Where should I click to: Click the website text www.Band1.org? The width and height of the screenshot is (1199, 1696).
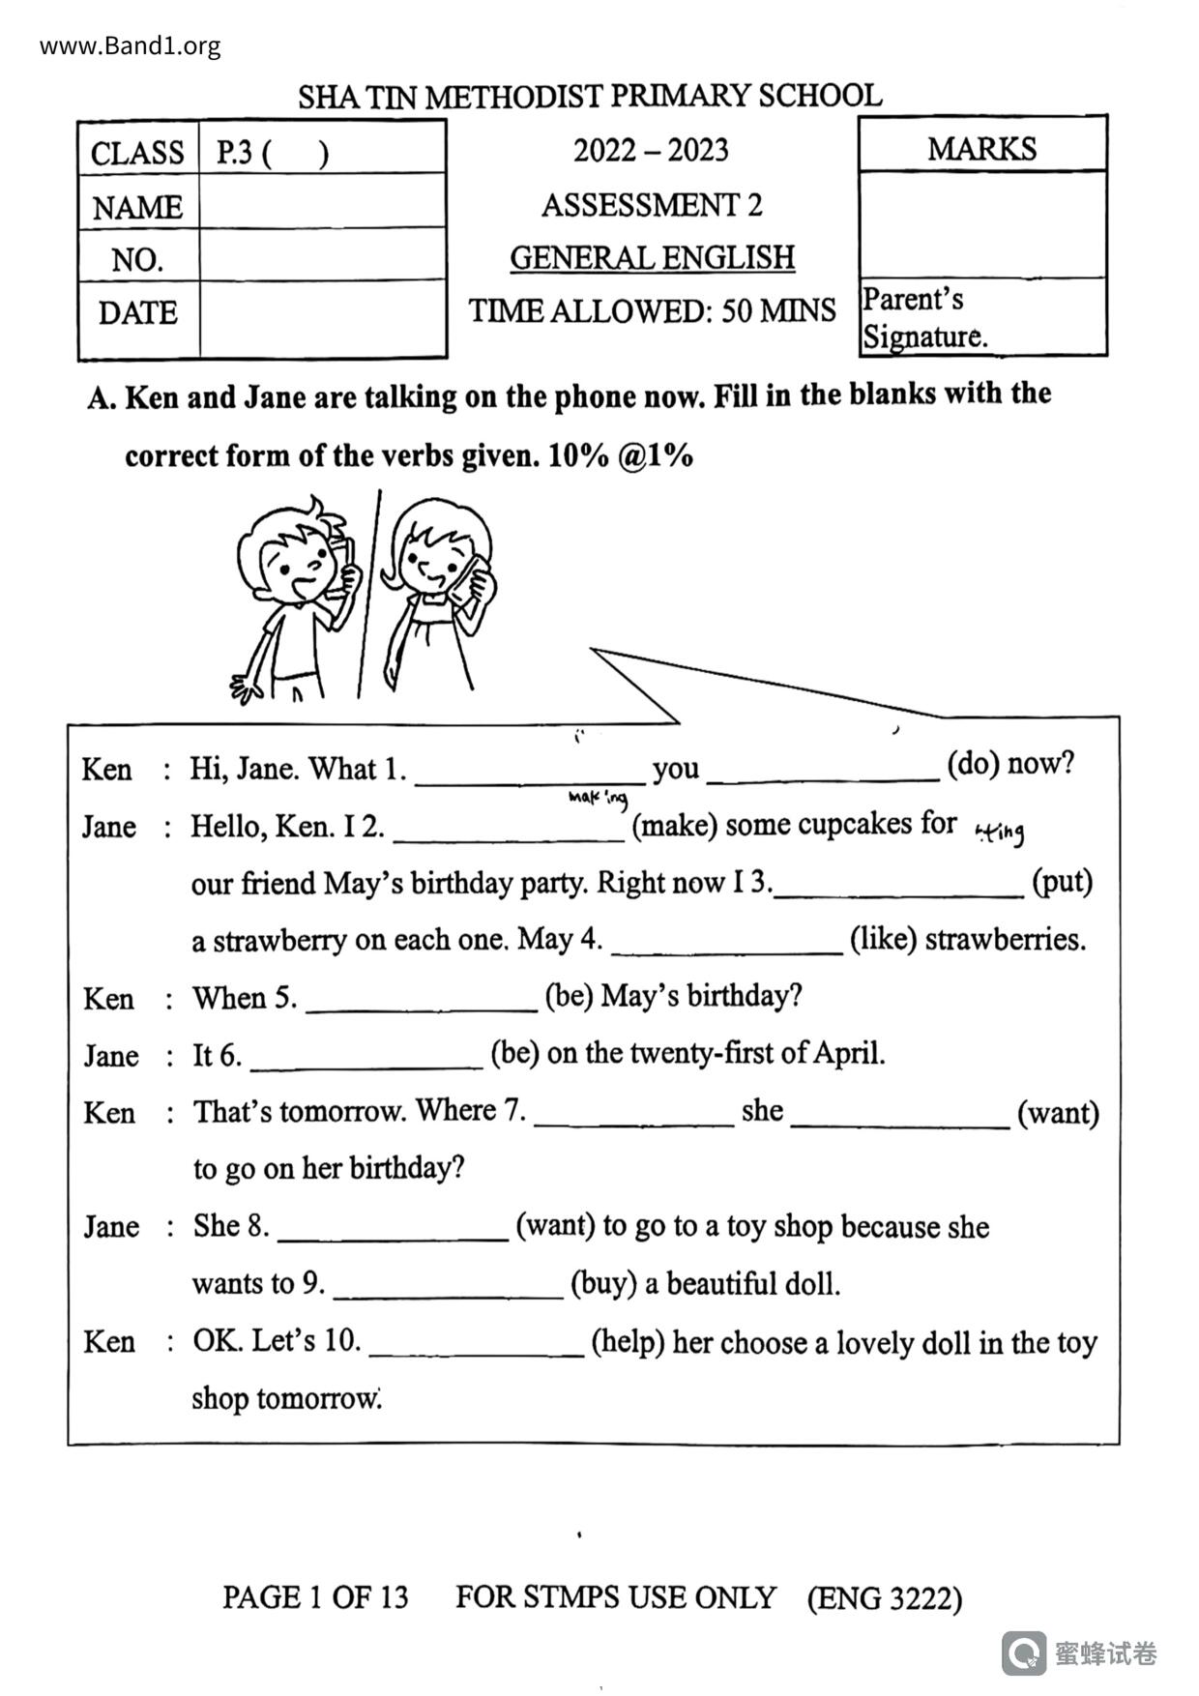[130, 45]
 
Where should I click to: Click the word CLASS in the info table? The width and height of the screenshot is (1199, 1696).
[137, 153]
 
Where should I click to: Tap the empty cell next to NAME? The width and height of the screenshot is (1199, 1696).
[321, 205]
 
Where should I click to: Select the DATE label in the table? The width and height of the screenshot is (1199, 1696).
[137, 313]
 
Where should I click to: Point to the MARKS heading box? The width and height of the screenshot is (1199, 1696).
[981, 148]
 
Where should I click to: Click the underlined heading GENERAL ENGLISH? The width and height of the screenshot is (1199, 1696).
[652, 258]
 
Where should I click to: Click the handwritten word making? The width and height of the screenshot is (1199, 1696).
[598, 798]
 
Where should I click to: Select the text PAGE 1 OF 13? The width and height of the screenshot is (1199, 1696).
[315, 1597]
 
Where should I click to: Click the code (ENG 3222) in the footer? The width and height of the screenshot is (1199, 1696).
[884, 1598]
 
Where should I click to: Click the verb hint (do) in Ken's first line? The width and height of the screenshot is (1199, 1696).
[971, 764]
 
